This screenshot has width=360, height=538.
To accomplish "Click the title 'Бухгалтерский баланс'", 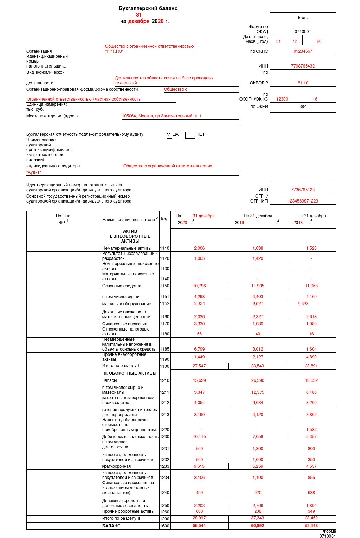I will [x=148, y=8].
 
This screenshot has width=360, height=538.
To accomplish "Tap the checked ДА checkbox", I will [x=169, y=135].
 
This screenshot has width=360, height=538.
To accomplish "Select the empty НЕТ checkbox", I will [x=190, y=135].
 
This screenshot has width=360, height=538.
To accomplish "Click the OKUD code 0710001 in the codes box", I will [x=303, y=32].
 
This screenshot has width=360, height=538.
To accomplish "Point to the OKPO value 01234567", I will [x=303, y=51].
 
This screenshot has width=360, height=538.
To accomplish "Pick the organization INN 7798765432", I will [x=303, y=66].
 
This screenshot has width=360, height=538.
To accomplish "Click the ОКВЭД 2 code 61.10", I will [x=303, y=83].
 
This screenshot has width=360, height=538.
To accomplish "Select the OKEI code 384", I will [x=303, y=107].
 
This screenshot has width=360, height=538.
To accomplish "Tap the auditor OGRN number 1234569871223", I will [x=303, y=201].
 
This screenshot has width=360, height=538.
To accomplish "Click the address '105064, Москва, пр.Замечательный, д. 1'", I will [x=162, y=116].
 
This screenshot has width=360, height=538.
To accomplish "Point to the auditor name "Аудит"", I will [x=34, y=172].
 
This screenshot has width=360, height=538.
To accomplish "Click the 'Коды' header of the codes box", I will [x=303, y=18].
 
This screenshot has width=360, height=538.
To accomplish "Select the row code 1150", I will [x=165, y=286].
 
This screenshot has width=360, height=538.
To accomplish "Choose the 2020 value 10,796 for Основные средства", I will [x=199, y=286].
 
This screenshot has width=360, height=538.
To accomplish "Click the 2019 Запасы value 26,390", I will [x=258, y=380].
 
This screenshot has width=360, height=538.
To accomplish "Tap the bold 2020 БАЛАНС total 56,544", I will [x=199, y=526].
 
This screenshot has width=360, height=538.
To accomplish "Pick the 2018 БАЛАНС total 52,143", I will [x=311, y=526].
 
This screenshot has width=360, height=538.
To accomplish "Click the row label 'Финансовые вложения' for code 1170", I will [x=124, y=324].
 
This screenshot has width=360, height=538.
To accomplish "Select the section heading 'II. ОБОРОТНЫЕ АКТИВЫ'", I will [x=130, y=373].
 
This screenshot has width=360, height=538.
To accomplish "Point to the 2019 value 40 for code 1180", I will [x=258, y=334].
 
